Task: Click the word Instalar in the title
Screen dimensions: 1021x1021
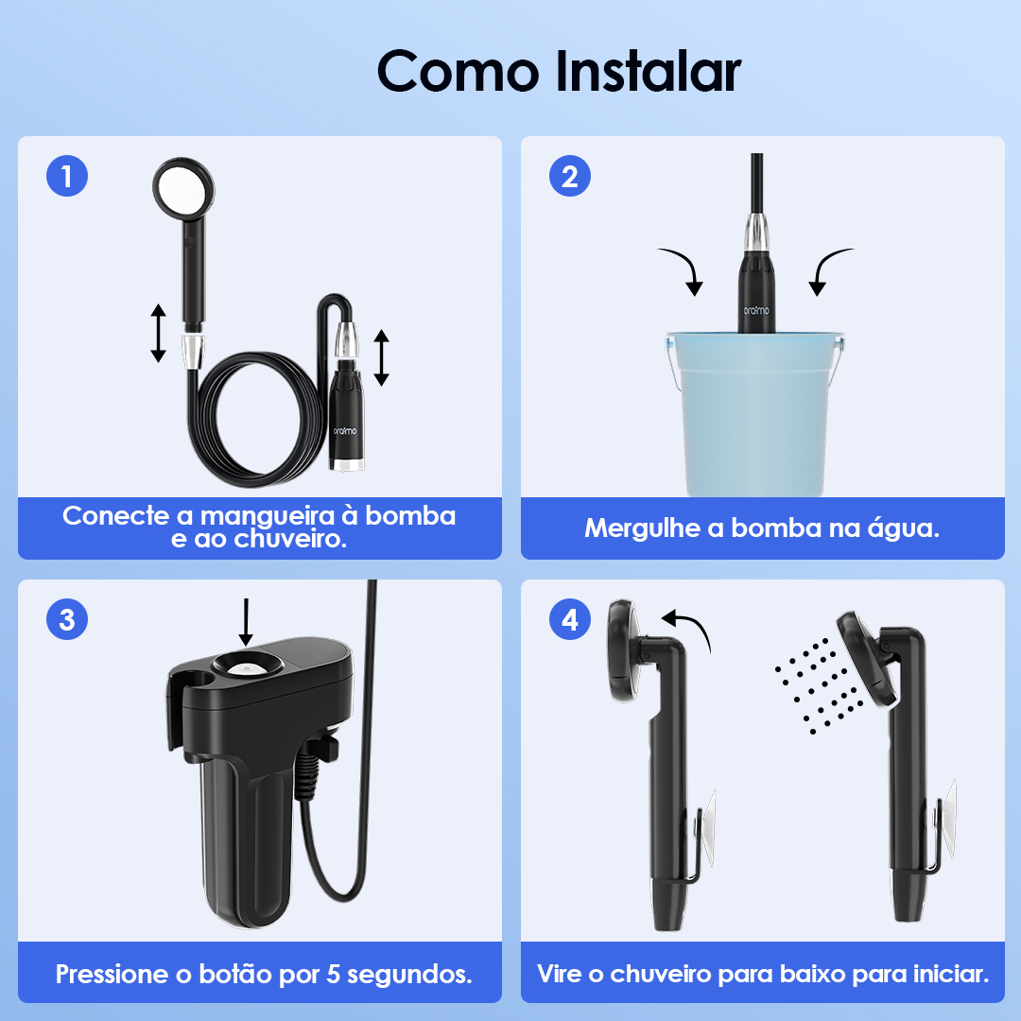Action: pyautogui.click(x=649, y=72)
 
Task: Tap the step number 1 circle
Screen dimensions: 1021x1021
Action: pyautogui.click(x=67, y=176)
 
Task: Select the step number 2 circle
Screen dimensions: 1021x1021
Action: pyautogui.click(x=570, y=176)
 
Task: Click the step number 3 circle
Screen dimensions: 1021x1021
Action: pyautogui.click(x=67, y=619)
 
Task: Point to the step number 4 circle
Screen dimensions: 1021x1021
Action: pyautogui.click(x=570, y=619)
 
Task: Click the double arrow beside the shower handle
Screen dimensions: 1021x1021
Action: pyautogui.click(x=158, y=333)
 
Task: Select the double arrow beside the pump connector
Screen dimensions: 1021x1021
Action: pyautogui.click(x=382, y=357)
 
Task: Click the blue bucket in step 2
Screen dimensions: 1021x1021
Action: pyautogui.click(x=755, y=414)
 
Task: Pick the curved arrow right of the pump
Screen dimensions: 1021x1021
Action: pyautogui.click(x=828, y=268)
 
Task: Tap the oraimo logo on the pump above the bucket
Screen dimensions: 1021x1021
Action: pyautogui.click(x=756, y=311)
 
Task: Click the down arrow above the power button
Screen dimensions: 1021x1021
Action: pyautogui.click(x=246, y=622)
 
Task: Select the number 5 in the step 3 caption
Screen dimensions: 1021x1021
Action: pyautogui.click(x=334, y=974)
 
